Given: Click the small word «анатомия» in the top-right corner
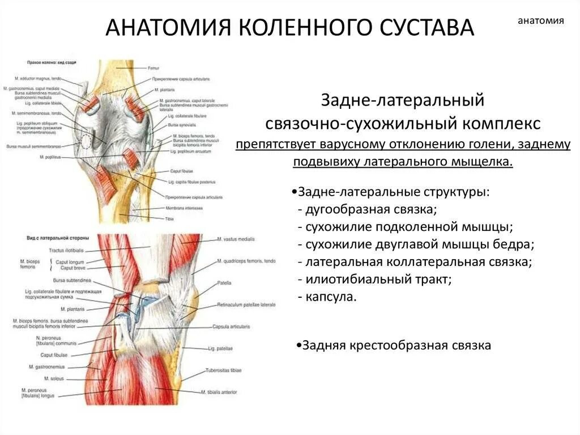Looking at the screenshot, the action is point(541,21).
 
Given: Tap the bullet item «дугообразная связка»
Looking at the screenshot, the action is point(370,210).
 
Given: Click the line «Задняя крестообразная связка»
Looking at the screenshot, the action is point(396,345).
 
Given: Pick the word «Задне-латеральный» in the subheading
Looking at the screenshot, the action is point(403,101).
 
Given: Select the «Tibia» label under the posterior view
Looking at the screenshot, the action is point(169,218).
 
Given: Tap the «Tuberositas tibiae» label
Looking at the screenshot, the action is point(224,370).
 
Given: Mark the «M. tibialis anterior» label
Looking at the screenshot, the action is point(220,392).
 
